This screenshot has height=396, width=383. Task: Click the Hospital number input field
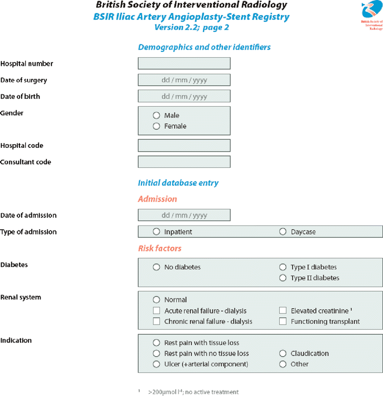[x=184, y=63]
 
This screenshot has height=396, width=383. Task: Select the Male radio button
[x=157, y=115]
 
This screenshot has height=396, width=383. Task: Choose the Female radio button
[x=157, y=126]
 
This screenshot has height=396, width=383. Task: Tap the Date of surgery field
[x=184, y=80]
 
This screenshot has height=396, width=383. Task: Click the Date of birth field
[x=184, y=97]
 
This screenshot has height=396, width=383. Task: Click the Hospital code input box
[x=184, y=145]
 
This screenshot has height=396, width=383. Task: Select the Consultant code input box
[x=184, y=162]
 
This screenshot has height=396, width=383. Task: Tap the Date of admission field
[x=184, y=215]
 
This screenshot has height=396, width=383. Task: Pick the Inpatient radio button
[x=157, y=232]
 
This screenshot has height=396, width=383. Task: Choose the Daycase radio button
[x=283, y=232]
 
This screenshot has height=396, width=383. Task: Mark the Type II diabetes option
[x=283, y=278]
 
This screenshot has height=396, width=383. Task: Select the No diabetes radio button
[x=157, y=267]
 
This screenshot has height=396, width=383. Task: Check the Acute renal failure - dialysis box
[x=157, y=311]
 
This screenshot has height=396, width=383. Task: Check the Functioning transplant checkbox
[x=283, y=322]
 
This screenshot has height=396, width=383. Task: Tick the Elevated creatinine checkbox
[x=283, y=311]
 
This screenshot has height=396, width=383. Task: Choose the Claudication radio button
[x=283, y=353]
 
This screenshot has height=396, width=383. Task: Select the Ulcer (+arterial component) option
[x=157, y=364]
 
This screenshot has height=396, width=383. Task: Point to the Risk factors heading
[x=160, y=249]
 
